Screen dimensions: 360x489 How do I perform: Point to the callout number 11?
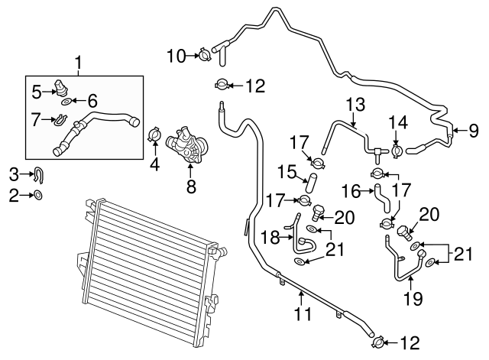(x=303, y=313)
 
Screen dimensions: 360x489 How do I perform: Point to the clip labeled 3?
(x=39, y=174)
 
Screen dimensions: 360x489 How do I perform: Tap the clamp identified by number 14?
(x=397, y=151)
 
